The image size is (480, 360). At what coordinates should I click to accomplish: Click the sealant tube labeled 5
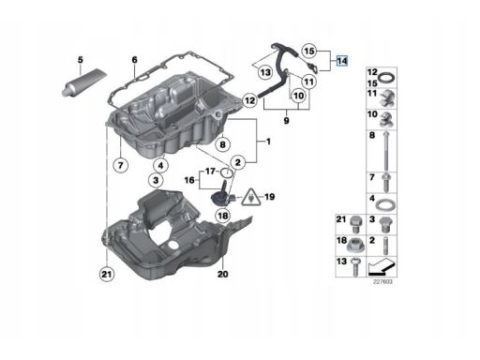click(83, 82)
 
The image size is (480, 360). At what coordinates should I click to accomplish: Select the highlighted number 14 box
click(341, 61)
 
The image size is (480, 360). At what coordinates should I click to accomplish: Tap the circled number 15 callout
click(309, 51)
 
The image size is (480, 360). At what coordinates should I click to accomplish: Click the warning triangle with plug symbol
click(251, 198)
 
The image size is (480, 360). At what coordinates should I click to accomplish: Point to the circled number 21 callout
click(107, 274)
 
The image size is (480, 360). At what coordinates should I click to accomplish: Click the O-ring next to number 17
click(226, 172)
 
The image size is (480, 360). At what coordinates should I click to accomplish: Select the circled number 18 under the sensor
click(223, 216)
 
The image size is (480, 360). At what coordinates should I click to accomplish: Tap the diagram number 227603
click(382, 281)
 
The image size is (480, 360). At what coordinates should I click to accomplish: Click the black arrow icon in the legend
click(382, 267)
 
